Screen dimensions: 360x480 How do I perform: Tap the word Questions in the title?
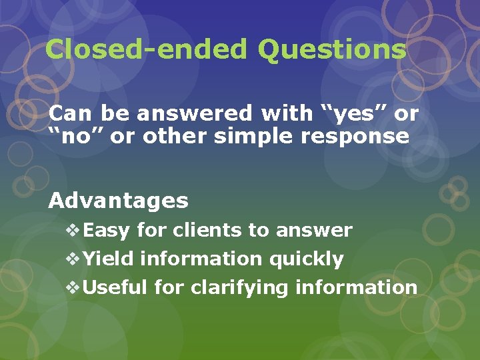[331, 50]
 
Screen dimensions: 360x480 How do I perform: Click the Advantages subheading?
[119, 200]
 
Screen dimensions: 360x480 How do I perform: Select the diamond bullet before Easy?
[73, 231]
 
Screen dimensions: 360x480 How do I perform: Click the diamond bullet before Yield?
[73, 259]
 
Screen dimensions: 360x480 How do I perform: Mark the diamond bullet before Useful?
[73, 287]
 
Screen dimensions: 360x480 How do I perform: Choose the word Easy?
[107, 231]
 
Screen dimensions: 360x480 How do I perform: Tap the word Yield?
[109, 259]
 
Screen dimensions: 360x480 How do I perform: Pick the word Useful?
[116, 287]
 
